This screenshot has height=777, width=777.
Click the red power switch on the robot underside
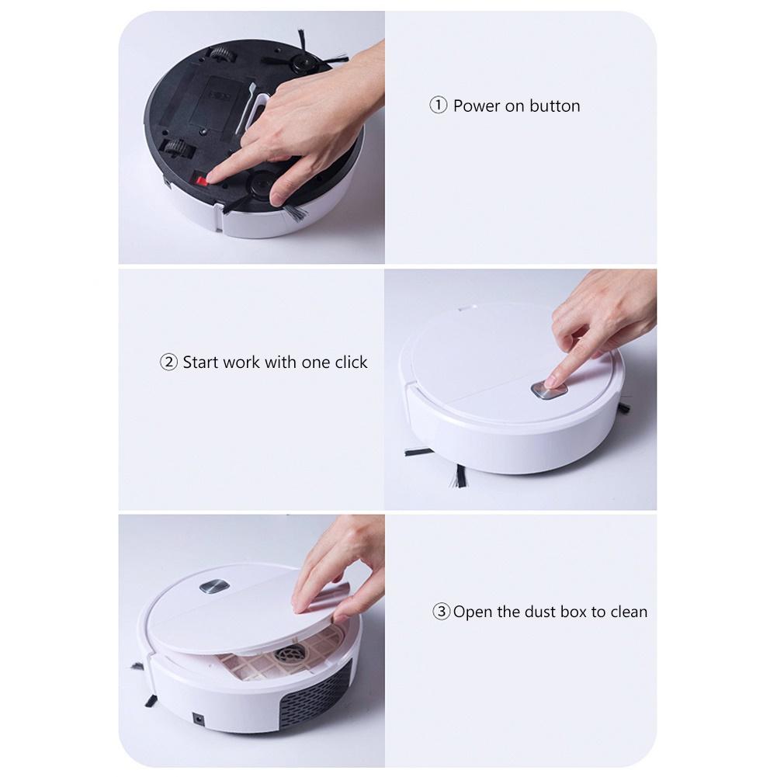[x=202, y=180]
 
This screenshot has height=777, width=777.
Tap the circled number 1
[x=438, y=106]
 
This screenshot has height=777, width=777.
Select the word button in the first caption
[x=554, y=106]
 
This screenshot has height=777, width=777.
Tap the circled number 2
[x=168, y=362]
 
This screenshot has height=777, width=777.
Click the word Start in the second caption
[x=201, y=362]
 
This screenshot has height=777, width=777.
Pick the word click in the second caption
[x=351, y=362]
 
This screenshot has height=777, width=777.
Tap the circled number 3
[x=441, y=612]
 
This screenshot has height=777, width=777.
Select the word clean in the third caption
[x=628, y=612]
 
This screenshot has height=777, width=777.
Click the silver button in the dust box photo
[x=214, y=586]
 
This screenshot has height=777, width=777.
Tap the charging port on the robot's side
[x=199, y=719]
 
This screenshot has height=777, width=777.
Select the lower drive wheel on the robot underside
[x=178, y=149]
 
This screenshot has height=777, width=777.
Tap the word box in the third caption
[x=574, y=612]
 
